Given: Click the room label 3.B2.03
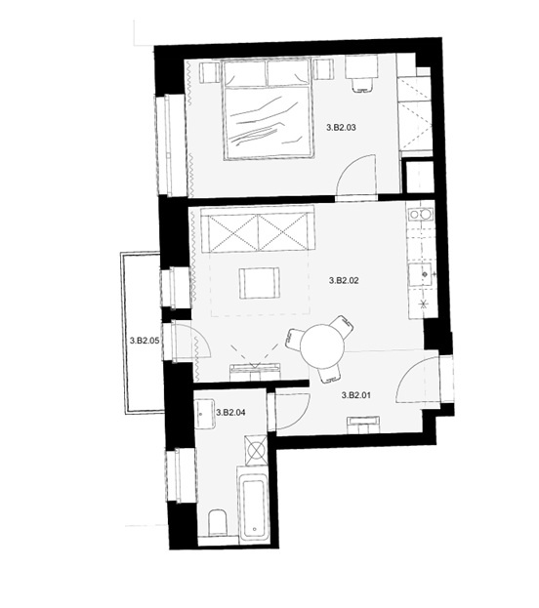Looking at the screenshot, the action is (341, 127).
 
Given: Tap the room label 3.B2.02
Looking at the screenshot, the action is (344, 280).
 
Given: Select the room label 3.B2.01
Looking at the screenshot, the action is (356, 395).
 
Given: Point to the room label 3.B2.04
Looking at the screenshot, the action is (230, 413).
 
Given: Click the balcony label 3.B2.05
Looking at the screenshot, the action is (145, 341).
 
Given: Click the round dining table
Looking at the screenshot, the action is (322, 346).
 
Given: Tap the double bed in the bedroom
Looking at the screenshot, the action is (268, 108).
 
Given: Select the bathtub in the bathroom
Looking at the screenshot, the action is (254, 504).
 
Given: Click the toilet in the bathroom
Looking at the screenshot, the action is (218, 523).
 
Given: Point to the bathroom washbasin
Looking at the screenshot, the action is (205, 414).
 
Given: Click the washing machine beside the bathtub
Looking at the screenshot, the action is (256, 450).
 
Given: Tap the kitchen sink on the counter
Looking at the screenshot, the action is (420, 275).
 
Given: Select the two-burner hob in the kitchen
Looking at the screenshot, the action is (420, 215).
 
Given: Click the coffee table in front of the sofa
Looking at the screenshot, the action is (259, 283).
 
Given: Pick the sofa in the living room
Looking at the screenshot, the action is (258, 229).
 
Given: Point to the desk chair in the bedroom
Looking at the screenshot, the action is (362, 85).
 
